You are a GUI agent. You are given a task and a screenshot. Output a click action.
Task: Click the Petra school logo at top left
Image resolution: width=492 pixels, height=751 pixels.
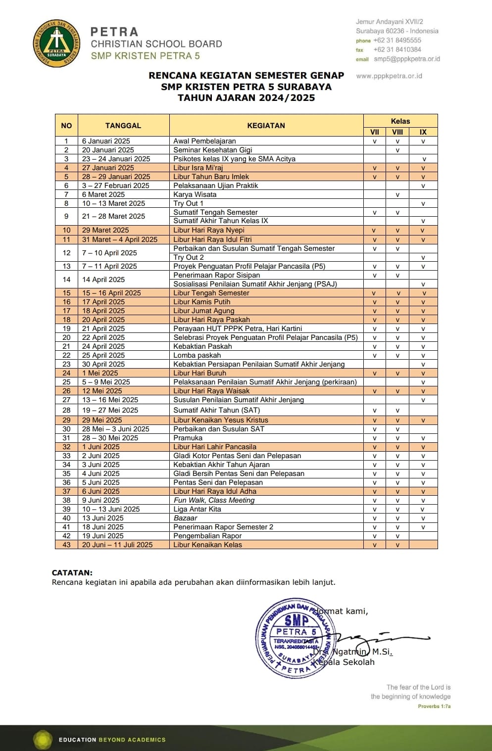point(56,44)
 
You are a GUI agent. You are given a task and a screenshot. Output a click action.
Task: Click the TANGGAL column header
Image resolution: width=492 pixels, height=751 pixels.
point(123,126)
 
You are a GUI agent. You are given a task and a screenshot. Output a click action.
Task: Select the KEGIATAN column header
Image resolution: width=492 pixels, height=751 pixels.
point(266,126)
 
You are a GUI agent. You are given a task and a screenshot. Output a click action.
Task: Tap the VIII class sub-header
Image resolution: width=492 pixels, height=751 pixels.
point(397,132)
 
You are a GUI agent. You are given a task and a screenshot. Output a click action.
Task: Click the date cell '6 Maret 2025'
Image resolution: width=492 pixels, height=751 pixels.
point(103,194)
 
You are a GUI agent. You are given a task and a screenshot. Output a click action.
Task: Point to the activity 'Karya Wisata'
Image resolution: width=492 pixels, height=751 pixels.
point(195,194)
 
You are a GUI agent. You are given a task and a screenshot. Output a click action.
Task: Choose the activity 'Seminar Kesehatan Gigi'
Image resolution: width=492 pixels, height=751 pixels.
point(213,150)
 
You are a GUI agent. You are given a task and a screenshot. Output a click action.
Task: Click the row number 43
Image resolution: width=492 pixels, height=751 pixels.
point(66,545)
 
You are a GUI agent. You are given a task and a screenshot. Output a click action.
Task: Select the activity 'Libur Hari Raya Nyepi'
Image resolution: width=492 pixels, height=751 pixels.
point(209,230)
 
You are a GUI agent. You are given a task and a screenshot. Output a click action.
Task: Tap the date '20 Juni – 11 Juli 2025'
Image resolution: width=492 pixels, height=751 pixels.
point(117,545)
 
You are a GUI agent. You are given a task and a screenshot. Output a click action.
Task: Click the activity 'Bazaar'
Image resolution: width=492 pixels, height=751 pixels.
point(185,518)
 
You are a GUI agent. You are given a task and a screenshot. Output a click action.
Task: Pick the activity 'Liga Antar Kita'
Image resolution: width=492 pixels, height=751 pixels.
point(197,509)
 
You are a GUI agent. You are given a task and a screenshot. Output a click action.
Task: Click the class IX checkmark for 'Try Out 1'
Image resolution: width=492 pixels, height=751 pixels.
point(423,203)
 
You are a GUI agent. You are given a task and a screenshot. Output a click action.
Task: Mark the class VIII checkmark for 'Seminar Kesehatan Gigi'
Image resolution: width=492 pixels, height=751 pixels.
point(397,150)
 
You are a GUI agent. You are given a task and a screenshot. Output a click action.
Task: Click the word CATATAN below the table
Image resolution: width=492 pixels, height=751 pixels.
point(72,572)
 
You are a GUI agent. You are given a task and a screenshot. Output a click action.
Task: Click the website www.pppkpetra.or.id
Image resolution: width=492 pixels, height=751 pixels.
point(389,76)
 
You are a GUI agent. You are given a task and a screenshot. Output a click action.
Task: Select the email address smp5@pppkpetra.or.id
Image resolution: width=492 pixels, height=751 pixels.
point(407,59)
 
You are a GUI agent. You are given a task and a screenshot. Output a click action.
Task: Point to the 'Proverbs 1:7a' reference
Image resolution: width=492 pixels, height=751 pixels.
point(434,706)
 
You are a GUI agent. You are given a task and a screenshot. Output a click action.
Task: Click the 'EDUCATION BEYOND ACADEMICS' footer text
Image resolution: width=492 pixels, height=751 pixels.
point(112,740)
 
